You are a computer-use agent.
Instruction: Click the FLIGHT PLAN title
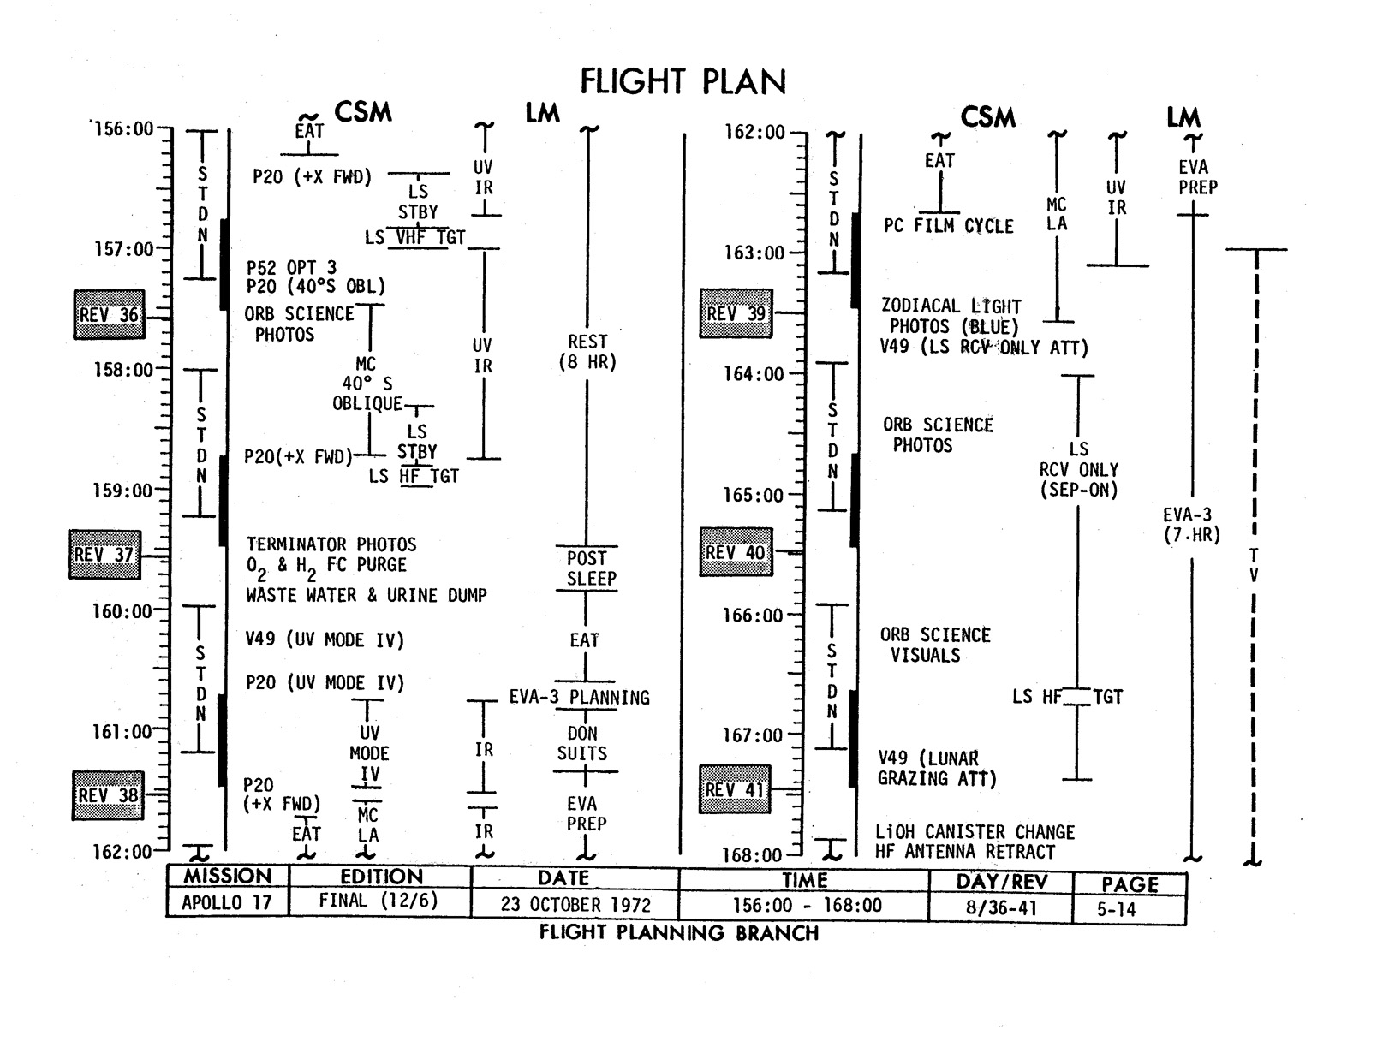pyautogui.click(x=683, y=82)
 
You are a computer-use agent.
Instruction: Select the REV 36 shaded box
pyautogui.click(x=109, y=315)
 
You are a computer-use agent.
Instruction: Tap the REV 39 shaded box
pyautogui.click(x=736, y=314)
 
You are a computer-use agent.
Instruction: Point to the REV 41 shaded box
pyautogui.click(x=735, y=789)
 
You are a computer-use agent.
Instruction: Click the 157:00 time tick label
pyautogui.click(x=123, y=249)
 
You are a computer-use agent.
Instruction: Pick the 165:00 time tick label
pyautogui.click(x=754, y=496)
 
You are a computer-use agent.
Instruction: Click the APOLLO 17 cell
pyautogui.click(x=227, y=903)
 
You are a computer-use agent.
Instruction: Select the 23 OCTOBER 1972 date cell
pyautogui.click(x=575, y=905)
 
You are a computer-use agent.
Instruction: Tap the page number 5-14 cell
pyautogui.click(x=1117, y=910)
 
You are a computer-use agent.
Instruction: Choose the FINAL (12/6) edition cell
pyautogui.click(x=379, y=901)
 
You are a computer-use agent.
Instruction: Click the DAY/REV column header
pyautogui.click(x=1001, y=883)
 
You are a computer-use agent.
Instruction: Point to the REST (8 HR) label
pyautogui.click(x=587, y=352)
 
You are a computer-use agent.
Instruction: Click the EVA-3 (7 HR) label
pyautogui.click(x=1191, y=525)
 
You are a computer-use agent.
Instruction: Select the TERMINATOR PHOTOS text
pyautogui.click(x=331, y=544)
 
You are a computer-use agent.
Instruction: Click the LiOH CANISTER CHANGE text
pyautogui.click(x=975, y=832)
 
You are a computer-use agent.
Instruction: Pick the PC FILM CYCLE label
pyautogui.click(x=948, y=227)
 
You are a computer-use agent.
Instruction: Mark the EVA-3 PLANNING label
pyautogui.click(x=580, y=698)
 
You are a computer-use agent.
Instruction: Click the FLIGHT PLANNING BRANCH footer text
pyautogui.click(x=678, y=933)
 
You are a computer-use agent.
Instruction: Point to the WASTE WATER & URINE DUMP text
pyautogui.click(x=367, y=595)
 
